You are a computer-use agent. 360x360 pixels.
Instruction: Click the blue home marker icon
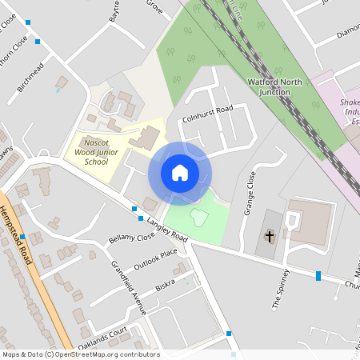coord(180,173)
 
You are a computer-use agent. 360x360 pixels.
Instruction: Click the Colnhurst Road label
coord(207,114)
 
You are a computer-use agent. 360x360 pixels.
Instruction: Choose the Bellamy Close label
coord(131,238)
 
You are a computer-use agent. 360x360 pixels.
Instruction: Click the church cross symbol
coord(270,237)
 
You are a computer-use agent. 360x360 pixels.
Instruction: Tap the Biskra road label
coord(166,286)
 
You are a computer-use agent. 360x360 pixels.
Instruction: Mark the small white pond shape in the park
coord(198,216)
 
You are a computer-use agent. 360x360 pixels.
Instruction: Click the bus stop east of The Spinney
coord(318,276)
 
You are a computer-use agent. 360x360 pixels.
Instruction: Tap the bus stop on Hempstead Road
coord(23,237)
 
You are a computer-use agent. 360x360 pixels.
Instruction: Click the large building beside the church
coord(310,222)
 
